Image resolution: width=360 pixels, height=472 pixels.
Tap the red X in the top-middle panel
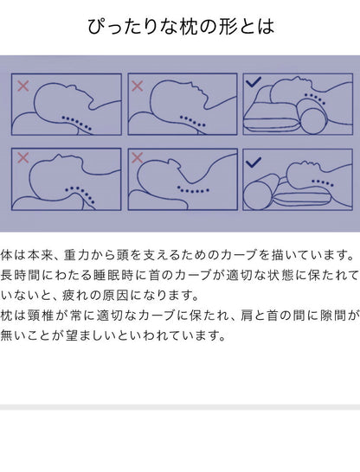click(137, 83)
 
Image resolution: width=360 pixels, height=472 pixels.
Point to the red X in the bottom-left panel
click(22, 159)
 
